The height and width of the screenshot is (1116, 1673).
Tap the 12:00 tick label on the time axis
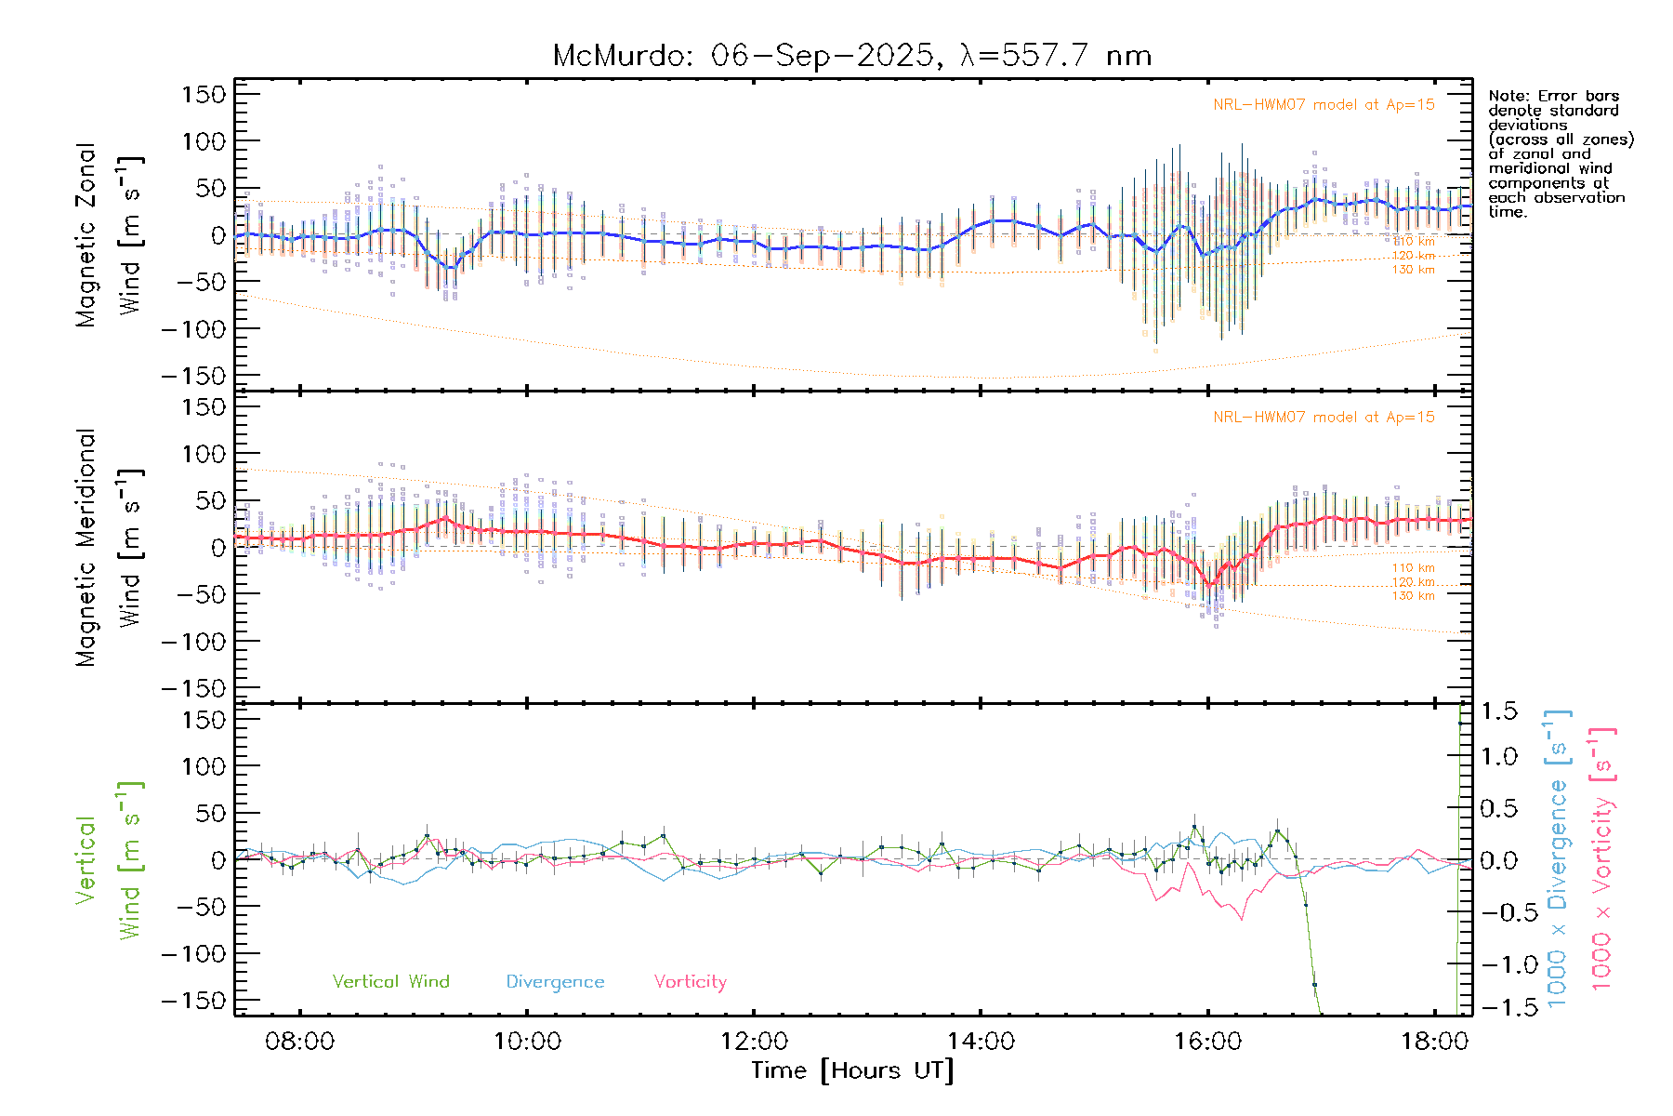pyautogui.click(x=754, y=1041)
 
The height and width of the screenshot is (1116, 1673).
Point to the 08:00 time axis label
pyautogui.click(x=299, y=1041)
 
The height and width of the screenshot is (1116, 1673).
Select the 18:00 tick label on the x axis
pyautogui.click(x=1434, y=1041)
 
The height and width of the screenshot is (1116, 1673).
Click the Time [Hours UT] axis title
pyautogui.click(x=852, y=1070)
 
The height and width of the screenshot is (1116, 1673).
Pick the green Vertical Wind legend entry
pyautogui.click(x=390, y=981)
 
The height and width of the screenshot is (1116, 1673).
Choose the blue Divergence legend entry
pyautogui.click(x=555, y=981)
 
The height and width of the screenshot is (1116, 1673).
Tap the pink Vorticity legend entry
pyautogui.click(x=690, y=981)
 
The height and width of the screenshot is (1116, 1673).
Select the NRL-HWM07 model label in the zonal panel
pyautogui.click(x=1324, y=104)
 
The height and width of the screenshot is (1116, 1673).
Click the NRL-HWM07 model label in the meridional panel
pyautogui.click(x=1324, y=417)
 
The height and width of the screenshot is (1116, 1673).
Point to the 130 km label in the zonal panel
pyautogui.click(x=1413, y=270)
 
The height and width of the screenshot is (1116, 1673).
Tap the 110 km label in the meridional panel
pyautogui.click(x=1413, y=568)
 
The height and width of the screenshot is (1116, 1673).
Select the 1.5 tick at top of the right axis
pyautogui.click(x=1499, y=711)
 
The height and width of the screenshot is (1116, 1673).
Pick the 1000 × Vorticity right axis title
pyautogui.click(x=1602, y=857)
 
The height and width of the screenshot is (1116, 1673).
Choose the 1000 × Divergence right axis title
pyautogui.click(x=1558, y=857)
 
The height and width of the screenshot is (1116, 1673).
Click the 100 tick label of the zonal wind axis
pyautogui.click(x=204, y=141)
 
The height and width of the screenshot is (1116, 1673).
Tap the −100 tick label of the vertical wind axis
pyautogui.click(x=194, y=954)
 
